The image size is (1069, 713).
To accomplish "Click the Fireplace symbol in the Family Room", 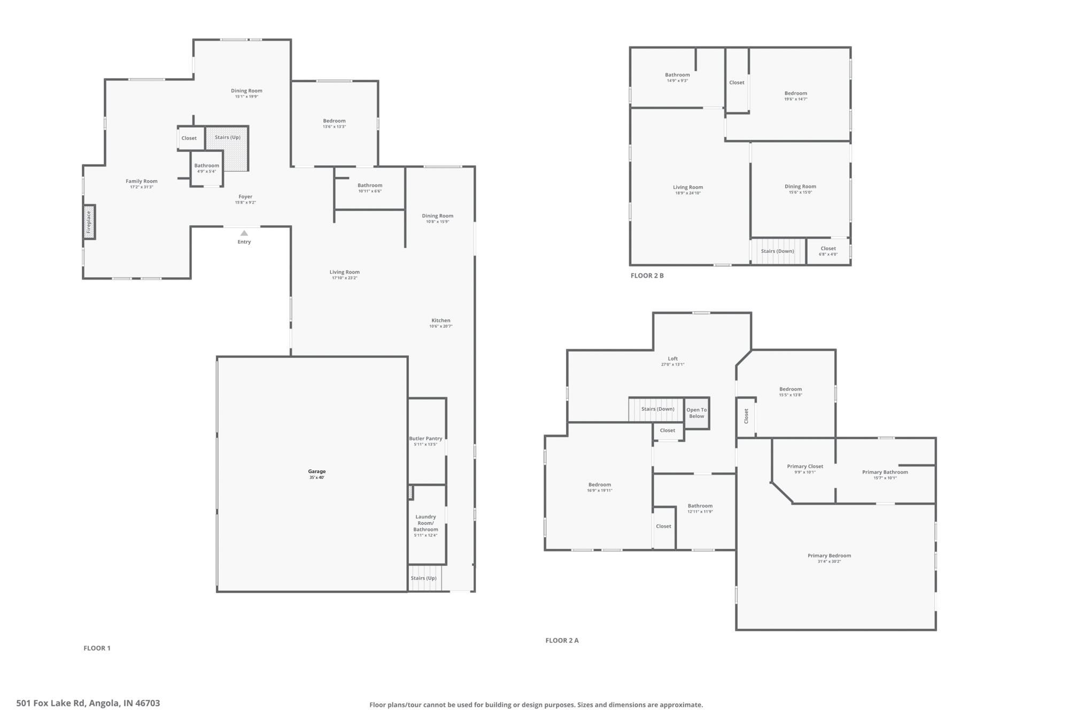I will pyautogui.click(x=89, y=222).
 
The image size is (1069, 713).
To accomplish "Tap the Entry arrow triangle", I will pyautogui.click(x=244, y=233).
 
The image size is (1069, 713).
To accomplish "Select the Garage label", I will pyautogui.click(x=316, y=471).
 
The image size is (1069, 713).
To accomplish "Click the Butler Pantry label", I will pyautogui.click(x=425, y=438).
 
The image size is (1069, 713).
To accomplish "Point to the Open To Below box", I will pyautogui.click(x=696, y=413).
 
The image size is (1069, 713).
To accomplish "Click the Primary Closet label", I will pyautogui.click(x=805, y=466).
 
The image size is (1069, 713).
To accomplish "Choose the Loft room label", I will pyautogui.click(x=672, y=359).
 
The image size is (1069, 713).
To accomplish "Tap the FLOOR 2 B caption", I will pyautogui.click(x=647, y=276).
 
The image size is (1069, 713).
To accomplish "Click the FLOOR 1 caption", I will pyautogui.click(x=97, y=648).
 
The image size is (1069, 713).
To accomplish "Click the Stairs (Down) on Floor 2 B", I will pyautogui.click(x=777, y=251).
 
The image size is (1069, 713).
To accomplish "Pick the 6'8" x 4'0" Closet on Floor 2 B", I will pyautogui.click(x=828, y=251).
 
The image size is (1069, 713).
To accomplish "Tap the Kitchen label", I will pyautogui.click(x=440, y=320).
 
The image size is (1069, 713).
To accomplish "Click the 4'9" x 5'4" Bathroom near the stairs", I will pyautogui.click(x=206, y=168).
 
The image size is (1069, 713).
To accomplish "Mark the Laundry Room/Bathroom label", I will pyautogui.click(x=425, y=523).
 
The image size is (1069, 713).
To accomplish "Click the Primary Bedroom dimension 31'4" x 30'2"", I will pyautogui.click(x=829, y=561).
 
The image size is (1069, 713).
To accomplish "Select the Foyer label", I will pyautogui.click(x=245, y=197).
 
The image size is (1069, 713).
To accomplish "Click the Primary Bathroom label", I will pyautogui.click(x=885, y=472).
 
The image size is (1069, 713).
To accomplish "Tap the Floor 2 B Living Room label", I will pyautogui.click(x=687, y=187).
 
